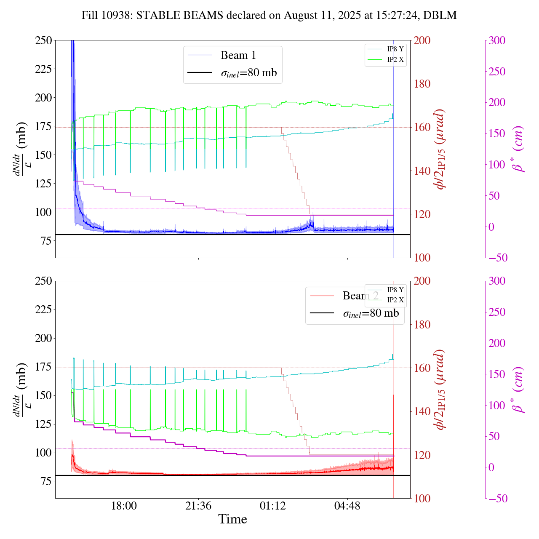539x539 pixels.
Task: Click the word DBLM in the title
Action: (x=440, y=16)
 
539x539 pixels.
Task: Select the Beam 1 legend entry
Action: (x=238, y=55)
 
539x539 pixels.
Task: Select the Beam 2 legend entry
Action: (x=360, y=296)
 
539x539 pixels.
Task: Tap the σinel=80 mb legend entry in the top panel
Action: (x=248, y=73)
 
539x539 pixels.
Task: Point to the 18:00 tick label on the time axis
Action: (x=124, y=506)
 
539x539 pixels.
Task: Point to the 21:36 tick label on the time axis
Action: (x=198, y=506)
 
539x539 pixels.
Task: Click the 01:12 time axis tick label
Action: (x=273, y=506)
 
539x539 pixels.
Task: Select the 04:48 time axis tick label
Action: (x=347, y=506)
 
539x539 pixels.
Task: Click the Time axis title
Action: (x=232, y=519)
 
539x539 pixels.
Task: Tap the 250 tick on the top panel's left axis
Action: (x=43, y=40)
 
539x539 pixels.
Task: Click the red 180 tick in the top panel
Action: (x=422, y=84)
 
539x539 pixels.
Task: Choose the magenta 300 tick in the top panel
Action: (x=497, y=40)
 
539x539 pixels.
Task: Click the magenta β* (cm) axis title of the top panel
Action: (x=518, y=149)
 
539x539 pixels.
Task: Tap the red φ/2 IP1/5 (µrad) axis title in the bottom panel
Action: (x=440, y=390)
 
